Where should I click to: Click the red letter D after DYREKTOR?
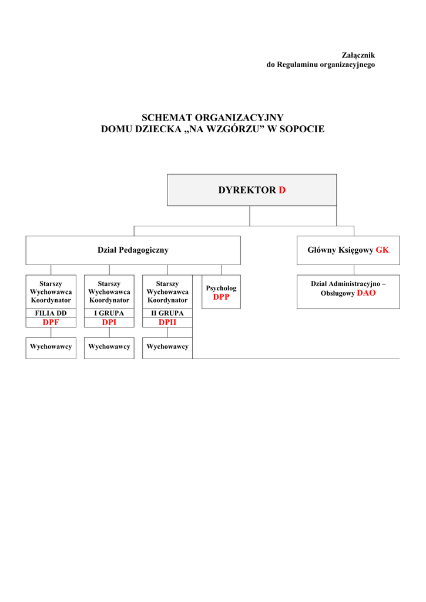[x=282, y=190]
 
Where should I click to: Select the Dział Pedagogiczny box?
[x=133, y=250]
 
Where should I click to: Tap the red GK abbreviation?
[x=383, y=250]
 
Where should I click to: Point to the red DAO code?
[x=366, y=293]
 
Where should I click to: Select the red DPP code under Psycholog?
[x=221, y=297]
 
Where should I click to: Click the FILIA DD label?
[x=51, y=313]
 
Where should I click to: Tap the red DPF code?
[x=51, y=322]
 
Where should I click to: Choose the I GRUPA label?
[x=109, y=313]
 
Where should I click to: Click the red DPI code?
[x=109, y=322]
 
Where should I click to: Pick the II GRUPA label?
[x=167, y=313]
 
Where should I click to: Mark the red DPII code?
[x=167, y=322]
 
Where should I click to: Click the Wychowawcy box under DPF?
[x=51, y=347]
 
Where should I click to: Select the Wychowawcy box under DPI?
[x=109, y=347]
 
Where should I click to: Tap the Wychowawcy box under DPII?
[x=167, y=347]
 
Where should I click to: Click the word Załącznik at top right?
[x=358, y=55]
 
